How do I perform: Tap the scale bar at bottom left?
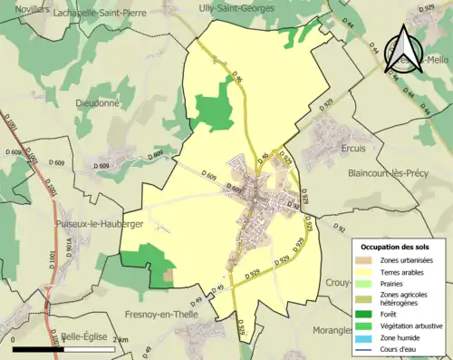pyautogui.click(x=63, y=347)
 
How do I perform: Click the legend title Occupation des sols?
pyautogui.click(x=396, y=247)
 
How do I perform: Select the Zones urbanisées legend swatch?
pyautogui.click(x=367, y=260)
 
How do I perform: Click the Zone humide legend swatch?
pyautogui.click(x=367, y=336)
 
